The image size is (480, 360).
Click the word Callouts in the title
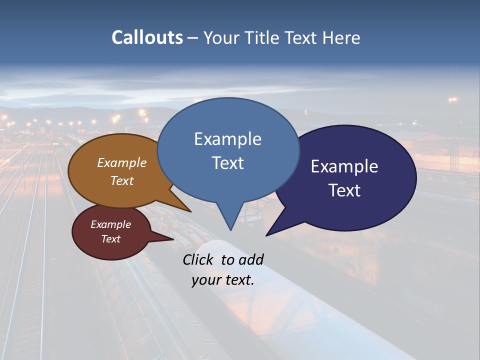[147, 37]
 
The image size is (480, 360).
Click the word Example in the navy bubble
[344, 166]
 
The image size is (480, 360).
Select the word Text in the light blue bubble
[228, 163]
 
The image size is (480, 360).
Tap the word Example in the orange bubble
[122, 163]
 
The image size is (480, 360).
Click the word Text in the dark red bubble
[111, 239]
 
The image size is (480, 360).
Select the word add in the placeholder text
[251, 259]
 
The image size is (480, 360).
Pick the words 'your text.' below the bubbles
[223, 280]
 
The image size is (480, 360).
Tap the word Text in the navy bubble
[344, 190]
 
